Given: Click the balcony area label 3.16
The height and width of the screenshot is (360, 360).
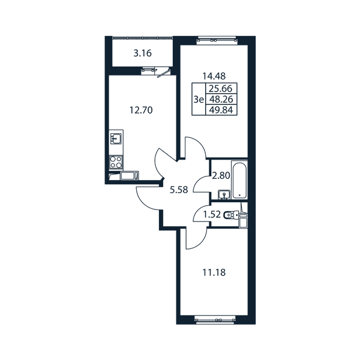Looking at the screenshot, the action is pos(143,53).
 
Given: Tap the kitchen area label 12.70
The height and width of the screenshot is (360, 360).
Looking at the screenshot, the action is pos(141,110).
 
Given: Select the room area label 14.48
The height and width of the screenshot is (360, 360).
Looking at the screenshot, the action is pos(214,76).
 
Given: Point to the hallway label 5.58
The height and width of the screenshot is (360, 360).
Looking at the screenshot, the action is pos(179,190).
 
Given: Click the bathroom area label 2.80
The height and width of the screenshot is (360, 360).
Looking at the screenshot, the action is pos(221,176).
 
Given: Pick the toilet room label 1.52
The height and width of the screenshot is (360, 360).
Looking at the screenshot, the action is pos(212,215).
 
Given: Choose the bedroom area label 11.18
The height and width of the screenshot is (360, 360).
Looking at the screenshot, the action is pos(214,273).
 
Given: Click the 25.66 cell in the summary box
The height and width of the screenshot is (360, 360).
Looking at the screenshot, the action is pos(221,88).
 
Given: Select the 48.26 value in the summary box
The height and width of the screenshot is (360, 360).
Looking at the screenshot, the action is pos(221,99).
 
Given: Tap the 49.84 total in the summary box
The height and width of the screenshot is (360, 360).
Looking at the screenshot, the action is pos(221,110).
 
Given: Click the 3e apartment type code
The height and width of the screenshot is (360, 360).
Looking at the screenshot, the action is pos(199,100).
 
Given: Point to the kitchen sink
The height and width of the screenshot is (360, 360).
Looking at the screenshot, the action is pos(116,139).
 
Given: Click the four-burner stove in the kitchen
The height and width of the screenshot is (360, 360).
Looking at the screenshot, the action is pos(116,162).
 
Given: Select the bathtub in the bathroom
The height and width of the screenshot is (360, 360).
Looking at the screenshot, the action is pos(239,180).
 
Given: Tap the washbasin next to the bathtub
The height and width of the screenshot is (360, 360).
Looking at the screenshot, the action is pos(224,194).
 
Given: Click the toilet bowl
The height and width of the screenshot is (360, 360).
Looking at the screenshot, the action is pos(231,215).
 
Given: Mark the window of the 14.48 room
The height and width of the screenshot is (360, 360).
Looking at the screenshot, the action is pos(217,40).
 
